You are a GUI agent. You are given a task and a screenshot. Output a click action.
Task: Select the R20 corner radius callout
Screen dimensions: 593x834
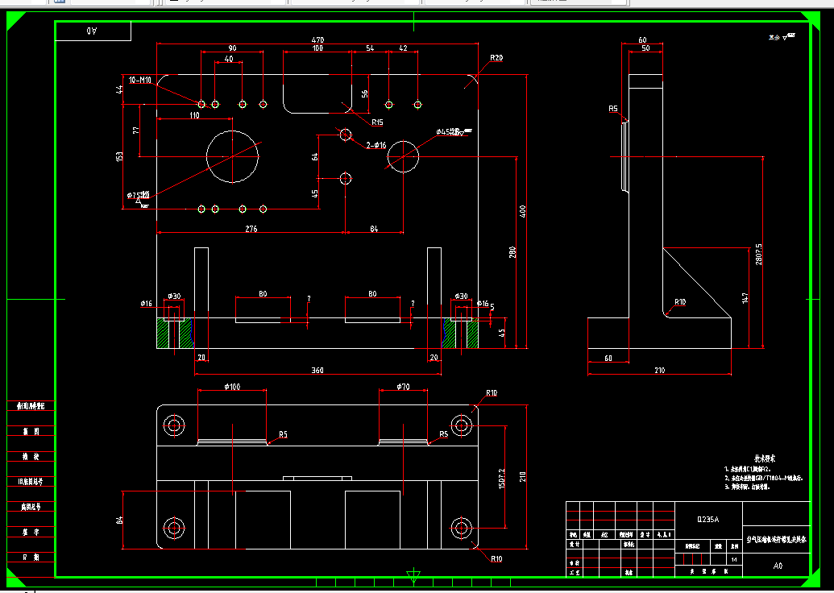[496, 58]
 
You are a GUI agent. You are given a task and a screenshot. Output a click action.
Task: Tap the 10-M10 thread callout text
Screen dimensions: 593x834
[140, 81]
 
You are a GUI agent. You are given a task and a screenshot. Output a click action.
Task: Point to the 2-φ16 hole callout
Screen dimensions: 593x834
[376, 145]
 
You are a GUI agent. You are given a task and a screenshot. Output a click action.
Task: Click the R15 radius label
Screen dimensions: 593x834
[376, 122]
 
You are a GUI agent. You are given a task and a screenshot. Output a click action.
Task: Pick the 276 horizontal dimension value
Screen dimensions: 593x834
[251, 230]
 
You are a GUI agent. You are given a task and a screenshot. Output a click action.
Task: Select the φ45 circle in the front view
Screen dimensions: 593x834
[404, 156]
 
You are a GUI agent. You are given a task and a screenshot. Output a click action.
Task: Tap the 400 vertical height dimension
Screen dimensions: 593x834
[523, 211]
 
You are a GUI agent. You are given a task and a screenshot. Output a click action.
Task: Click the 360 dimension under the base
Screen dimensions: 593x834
[317, 371]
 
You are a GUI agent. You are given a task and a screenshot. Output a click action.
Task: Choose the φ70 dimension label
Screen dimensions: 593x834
[403, 388]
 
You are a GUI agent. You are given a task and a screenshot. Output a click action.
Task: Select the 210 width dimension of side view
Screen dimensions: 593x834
[659, 371]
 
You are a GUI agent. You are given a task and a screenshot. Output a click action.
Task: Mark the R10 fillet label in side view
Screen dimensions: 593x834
[681, 302]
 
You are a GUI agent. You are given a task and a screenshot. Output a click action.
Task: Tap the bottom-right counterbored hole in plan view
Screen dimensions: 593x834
[461, 529]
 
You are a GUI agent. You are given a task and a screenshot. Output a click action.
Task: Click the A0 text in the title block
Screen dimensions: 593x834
[778, 566]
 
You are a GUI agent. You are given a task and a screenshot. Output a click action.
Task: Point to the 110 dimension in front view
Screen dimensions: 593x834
[194, 115]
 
